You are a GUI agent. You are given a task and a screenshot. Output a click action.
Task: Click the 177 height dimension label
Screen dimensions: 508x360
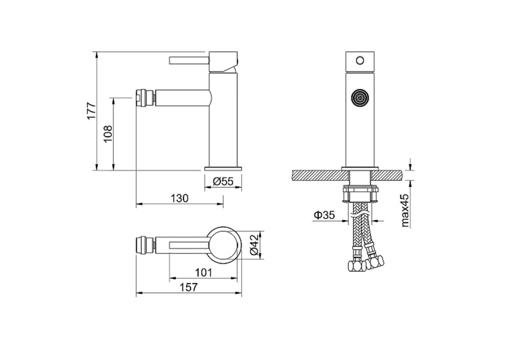tap(91, 111)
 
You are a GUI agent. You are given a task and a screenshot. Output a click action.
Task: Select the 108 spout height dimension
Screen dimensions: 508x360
tap(108, 133)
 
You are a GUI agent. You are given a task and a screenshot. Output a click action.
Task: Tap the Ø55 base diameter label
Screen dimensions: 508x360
tap(223, 182)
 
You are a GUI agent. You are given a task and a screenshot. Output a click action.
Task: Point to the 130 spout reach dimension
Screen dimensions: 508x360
tap(179, 198)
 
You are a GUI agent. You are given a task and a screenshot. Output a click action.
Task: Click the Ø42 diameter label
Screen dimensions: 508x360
tap(255, 245)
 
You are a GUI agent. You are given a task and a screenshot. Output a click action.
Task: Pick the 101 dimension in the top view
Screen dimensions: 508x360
tap(203, 273)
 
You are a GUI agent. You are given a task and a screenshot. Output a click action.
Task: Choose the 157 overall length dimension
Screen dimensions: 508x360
tap(188, 287)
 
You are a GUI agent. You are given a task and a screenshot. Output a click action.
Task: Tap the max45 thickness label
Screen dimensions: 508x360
tap(405, 211)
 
